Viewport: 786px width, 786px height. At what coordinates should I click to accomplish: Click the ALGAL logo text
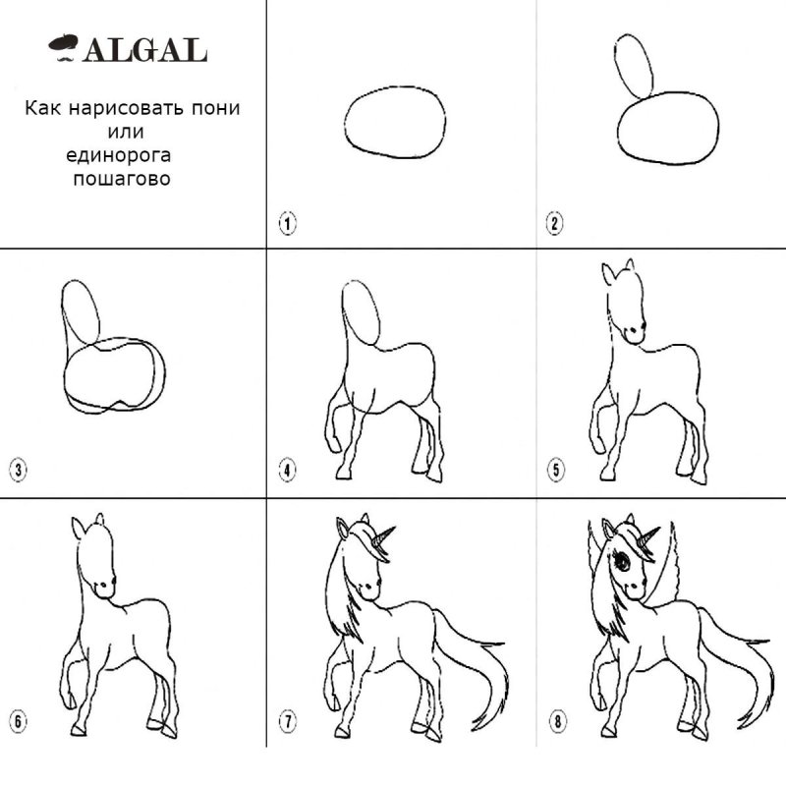coord(145,50)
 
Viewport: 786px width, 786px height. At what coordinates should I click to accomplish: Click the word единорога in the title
coord(118,155)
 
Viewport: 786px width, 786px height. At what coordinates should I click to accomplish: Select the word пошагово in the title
coord(122,179)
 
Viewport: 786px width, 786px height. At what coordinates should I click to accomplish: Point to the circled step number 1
coord(287,223)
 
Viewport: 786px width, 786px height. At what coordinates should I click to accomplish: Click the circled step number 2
coord(554,223)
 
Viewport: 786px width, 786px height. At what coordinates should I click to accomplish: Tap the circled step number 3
coord(18,471)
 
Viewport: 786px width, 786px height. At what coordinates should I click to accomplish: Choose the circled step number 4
coord(287,471)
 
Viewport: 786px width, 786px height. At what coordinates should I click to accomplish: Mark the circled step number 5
coord(555,471)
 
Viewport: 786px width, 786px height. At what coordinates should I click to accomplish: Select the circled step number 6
coord(18,722)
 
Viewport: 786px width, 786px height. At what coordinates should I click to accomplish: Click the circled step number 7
coord(288,722)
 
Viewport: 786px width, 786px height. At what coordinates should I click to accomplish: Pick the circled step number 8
coord(557,722)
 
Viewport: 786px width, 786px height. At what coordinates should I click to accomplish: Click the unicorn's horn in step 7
coord(383,536)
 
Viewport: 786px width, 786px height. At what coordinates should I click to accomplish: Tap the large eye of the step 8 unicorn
coord(622,560)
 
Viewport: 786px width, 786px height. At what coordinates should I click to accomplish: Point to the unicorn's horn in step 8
coord(648,537)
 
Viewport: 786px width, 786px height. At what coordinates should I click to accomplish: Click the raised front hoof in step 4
coord(333,444)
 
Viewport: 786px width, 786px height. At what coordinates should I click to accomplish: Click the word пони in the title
coord(215,108)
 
